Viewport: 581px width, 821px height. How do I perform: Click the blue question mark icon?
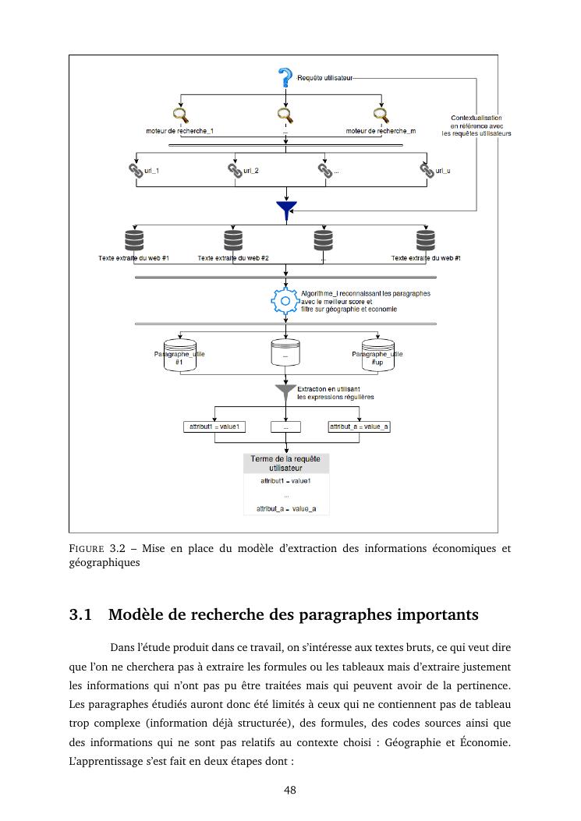click(285, 78)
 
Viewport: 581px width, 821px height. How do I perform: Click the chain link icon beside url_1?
click(136, 171)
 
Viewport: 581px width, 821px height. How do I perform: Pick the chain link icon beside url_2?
click(235, 171)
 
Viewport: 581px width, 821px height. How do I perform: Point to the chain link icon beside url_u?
click(427, 171)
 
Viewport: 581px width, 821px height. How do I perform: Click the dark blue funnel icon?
click(286, 208)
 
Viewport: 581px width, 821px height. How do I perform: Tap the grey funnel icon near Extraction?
click(286, 390)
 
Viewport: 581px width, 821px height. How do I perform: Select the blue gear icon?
click(285, 301)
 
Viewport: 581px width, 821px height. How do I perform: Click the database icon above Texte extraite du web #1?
click(134, 239)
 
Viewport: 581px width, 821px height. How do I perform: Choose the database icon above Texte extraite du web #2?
click(233, 239)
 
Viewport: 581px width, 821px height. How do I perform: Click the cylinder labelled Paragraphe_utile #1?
click(180, 355)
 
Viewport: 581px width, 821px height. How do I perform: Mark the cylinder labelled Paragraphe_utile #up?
click(378, 355)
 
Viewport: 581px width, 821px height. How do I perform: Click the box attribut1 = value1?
click(214, 426)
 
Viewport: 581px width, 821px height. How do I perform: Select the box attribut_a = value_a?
click(359, 426)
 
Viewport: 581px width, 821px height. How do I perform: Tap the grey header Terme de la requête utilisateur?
click(286, 464)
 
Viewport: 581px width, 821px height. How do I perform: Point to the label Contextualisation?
click(476, 118)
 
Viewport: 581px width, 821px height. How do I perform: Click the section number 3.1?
click(83, 615)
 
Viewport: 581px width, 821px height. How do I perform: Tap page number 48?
click(290, 791)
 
